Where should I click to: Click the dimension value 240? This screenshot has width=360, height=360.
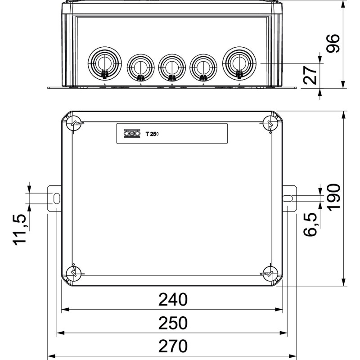tap(173, 299)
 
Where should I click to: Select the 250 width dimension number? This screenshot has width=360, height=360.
tap(173, 323)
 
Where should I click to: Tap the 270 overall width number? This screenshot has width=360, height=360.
tap(173, 346)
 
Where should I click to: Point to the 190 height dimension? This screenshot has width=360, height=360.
tap(333, 197)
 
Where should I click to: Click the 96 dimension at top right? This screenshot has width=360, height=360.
tap(333, 43)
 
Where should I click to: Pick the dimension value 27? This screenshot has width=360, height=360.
tap(310, 75)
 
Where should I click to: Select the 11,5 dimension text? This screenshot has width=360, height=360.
tap(20, 230)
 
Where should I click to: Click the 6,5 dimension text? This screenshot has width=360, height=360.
tap(310, 224)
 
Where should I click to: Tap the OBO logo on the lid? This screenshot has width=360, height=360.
tap(132, 133)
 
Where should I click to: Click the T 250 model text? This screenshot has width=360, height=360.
tap(152, 134)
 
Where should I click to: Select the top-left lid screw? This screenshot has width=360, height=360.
tap(74, 123)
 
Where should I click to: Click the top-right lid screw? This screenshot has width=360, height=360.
tap(270, 123)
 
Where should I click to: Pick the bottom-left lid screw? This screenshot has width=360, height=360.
tap(74, 274)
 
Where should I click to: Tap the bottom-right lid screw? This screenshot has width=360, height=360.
tap(270, 274)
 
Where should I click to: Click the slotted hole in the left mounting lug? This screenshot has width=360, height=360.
tap(57, 198)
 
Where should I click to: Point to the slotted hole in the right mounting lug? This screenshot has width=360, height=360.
tap(288, 198)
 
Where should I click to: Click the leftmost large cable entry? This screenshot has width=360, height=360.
tap(104, 63)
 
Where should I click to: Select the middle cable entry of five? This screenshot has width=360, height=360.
tap(172, 67)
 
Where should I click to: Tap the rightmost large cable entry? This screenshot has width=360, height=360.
tap(239, 63)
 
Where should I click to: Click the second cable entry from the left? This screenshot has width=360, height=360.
tap(140, 67)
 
